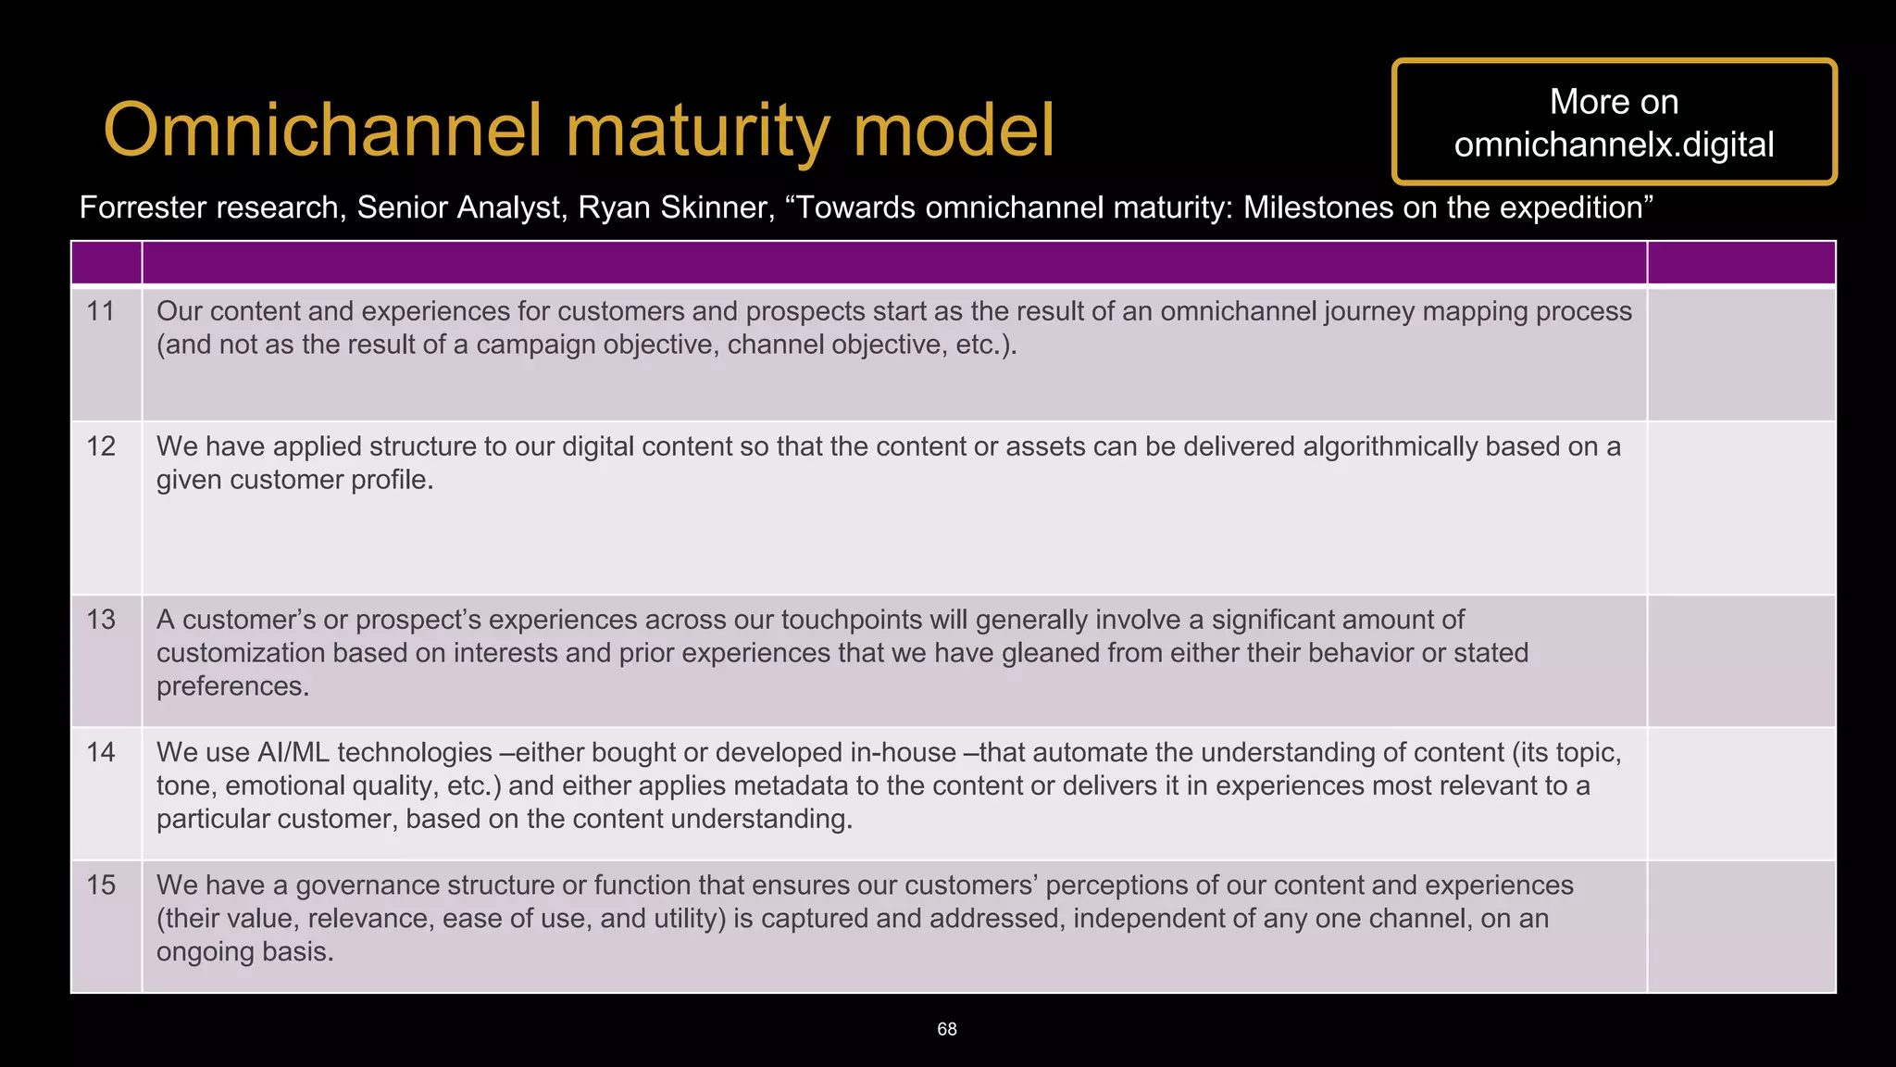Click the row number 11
point(100,311)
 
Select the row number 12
point(101,446)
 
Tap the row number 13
point(101,620)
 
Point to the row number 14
point(101,752)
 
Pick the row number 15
point(101,885)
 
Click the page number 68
point(947,1029)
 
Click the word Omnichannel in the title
point(322,131)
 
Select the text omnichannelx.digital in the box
point(1614,144)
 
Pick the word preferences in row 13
point(232,686)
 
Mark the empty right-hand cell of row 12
point(1740,508)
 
